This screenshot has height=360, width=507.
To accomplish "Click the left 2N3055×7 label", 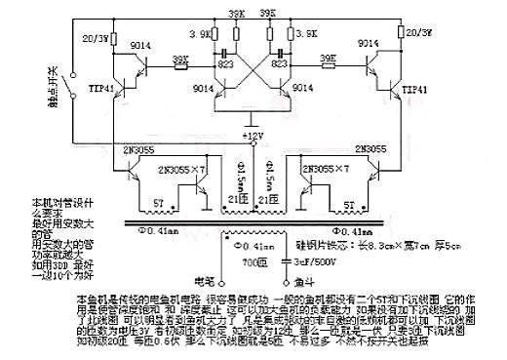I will click(162, 170).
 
